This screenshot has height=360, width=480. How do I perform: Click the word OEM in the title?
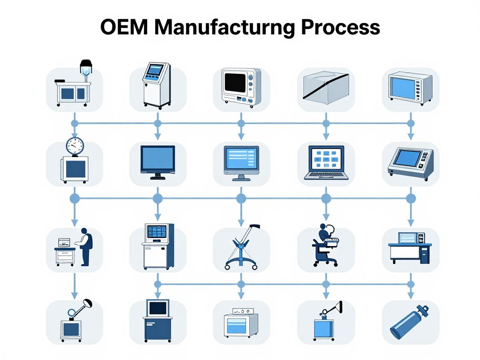[x=124, y=27]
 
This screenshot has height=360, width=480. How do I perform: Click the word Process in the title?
[x=340, y=27]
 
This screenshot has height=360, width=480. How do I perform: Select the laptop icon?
[x=326, y=162]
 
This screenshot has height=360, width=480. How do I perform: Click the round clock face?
[x=75, y=146]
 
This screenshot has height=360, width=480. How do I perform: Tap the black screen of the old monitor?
[x=235, y=82]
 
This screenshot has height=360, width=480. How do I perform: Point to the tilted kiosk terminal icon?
[x=157, y=85]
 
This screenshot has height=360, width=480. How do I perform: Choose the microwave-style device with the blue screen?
[x=411, y=88]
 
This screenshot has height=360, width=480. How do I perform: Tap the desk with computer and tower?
[x=410, y=248]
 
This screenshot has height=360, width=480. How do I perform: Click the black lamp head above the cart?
[x=86, y=65]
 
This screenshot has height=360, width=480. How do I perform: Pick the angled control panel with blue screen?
[x=411, y=163]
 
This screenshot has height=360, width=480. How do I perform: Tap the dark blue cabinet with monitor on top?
[x=157, y=321]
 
